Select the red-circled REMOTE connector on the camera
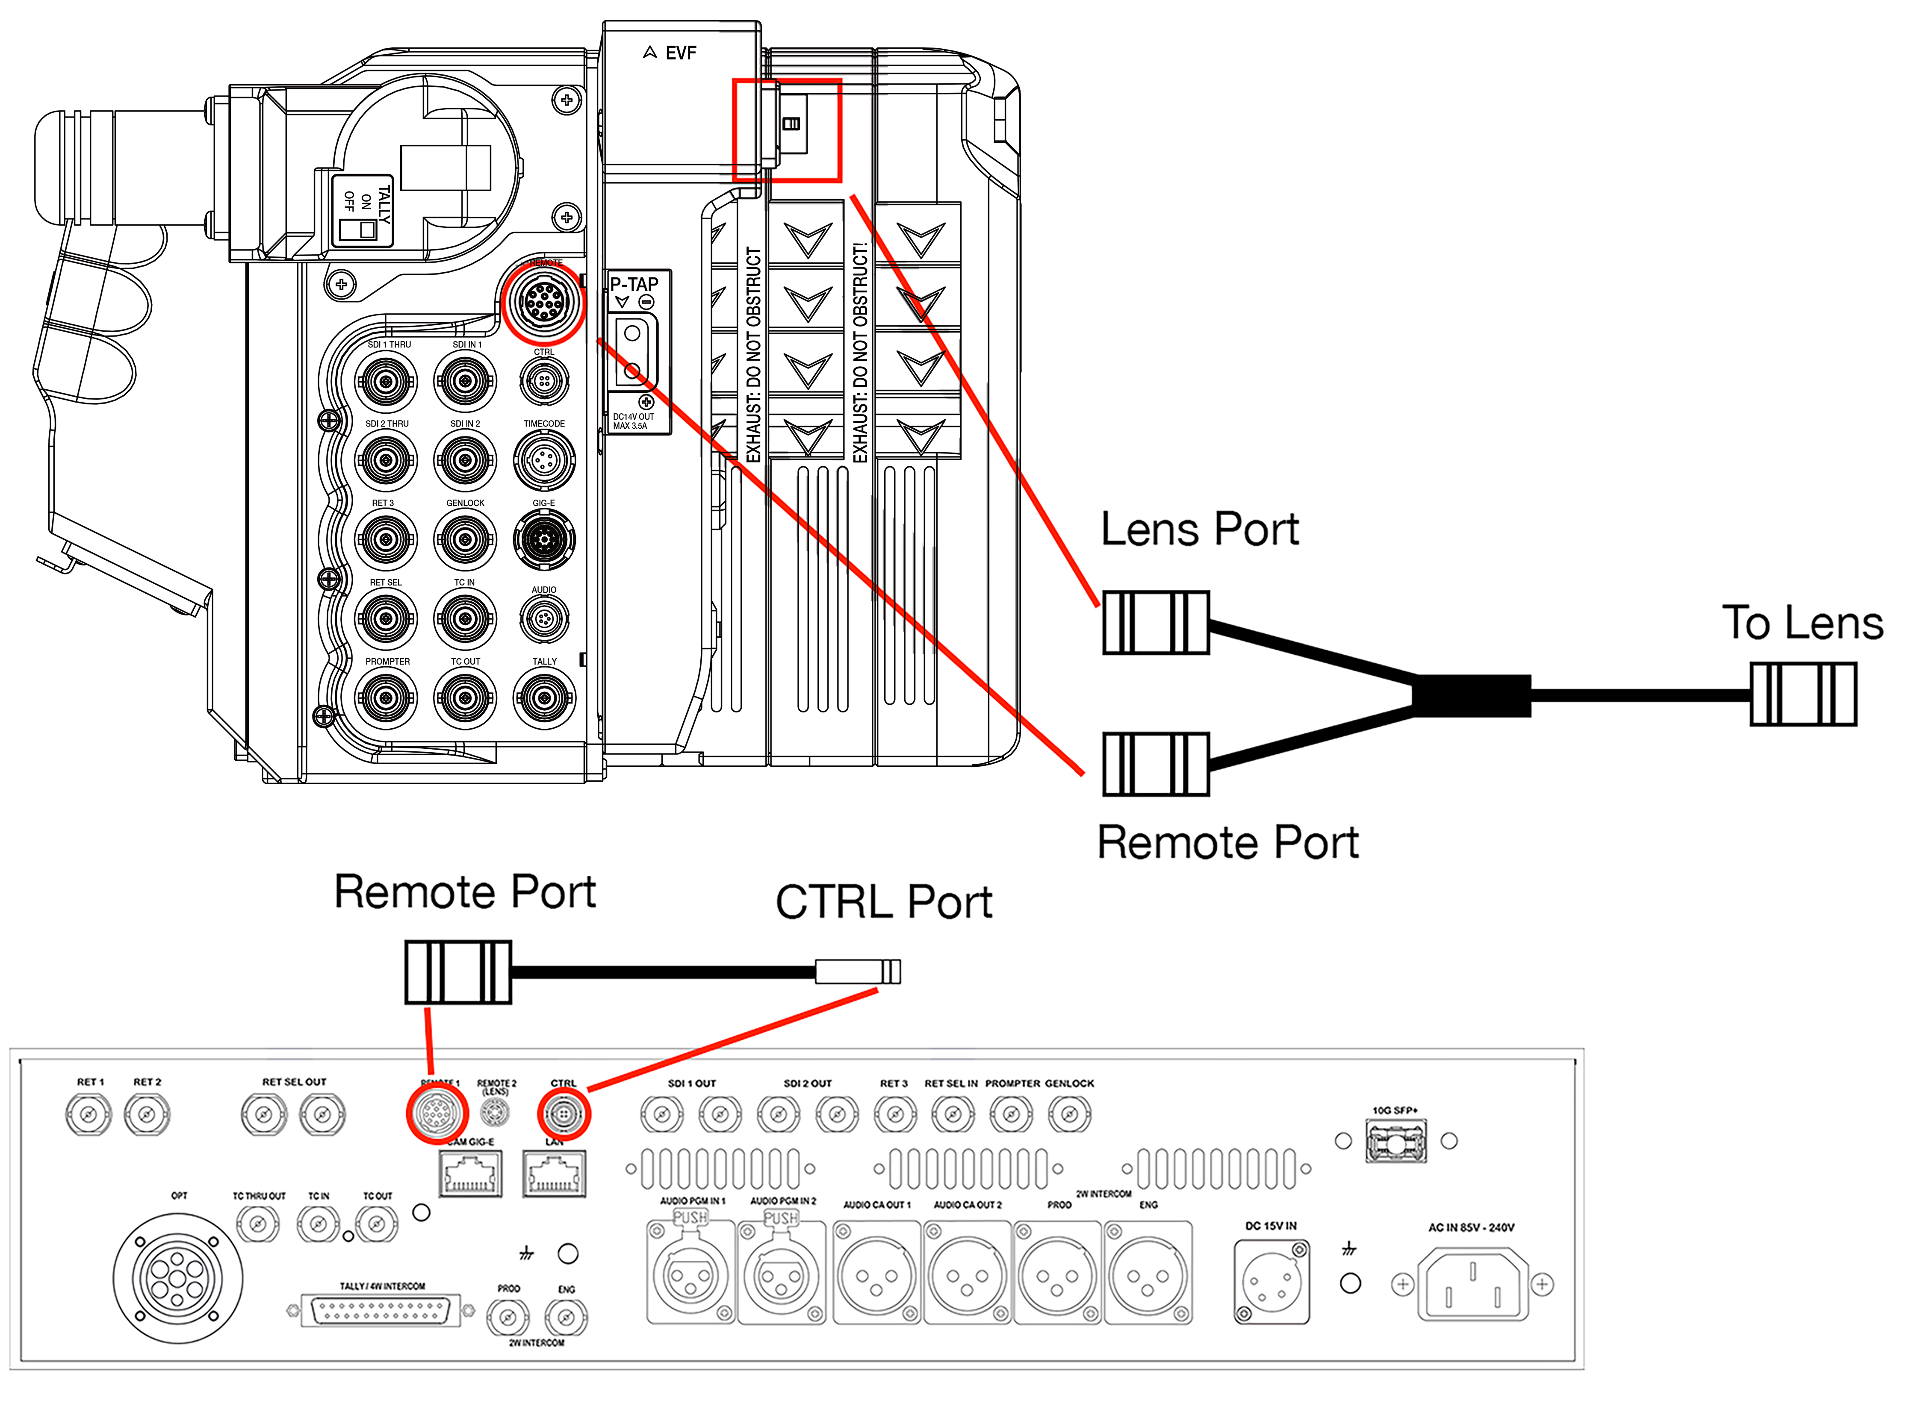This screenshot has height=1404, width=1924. coord(543,303)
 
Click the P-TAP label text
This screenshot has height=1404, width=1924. coord(634,284)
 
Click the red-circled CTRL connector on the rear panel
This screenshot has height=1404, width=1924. coord(563,1113)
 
